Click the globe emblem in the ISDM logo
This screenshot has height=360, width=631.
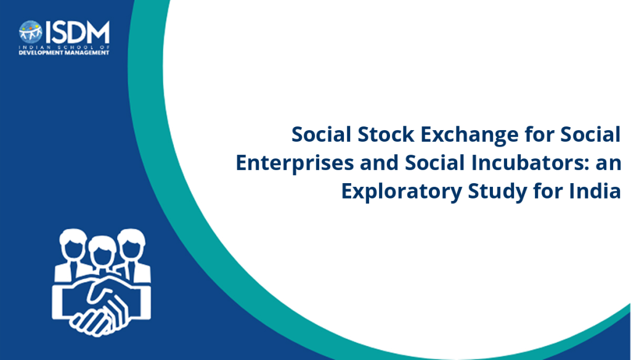(31, 32)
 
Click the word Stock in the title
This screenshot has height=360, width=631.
(386, 134)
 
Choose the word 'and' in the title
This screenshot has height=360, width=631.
(379, 163)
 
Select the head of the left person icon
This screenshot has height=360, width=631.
(73, 243)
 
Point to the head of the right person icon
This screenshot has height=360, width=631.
(131, 243)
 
